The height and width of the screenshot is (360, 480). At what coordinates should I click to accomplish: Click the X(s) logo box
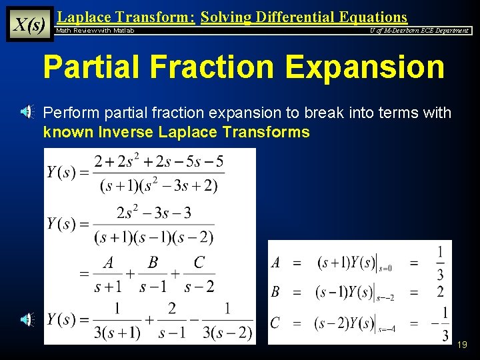coord(29,24)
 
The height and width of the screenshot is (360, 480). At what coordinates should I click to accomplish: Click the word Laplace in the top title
coord(82,17)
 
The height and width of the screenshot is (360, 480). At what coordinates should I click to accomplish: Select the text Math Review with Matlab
coord(95,31)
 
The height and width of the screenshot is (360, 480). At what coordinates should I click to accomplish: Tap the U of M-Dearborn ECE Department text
coord(419,31)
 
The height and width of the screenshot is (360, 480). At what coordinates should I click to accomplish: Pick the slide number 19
coord(462,345)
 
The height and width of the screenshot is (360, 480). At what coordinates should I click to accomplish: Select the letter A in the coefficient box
coord(276,263)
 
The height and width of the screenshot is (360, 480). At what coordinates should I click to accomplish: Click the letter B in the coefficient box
coord(276,292)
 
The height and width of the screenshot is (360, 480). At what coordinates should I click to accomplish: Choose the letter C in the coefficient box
coord(275,323)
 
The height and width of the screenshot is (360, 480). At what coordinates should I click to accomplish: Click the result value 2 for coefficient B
coord(441,292)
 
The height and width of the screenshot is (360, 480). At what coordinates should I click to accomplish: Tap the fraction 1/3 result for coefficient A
coord(440,263)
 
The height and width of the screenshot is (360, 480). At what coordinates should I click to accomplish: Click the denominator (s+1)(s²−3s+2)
coord(159,185)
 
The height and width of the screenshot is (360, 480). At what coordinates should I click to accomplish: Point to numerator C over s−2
coord(199,263)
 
